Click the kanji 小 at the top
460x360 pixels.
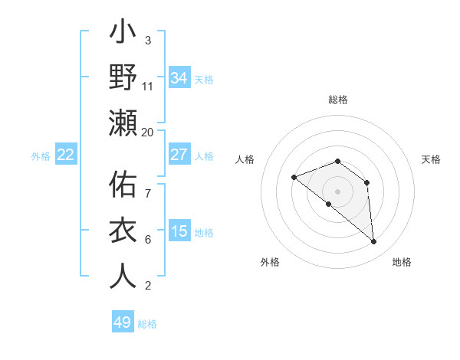[123, 35]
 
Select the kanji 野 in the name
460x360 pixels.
[123, 77]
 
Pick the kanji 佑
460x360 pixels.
[123, 187]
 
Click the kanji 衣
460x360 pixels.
[123, 231]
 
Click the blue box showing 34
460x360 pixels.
[179, 78]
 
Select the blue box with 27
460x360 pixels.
[179, 155]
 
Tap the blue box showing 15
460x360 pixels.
[179, 231]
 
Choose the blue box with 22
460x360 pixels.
[66, 155]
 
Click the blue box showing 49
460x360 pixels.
[123, 322]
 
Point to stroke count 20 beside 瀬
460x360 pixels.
[148, 132]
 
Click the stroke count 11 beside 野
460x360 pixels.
[148, 87]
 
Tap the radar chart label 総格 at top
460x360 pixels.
[337, 100]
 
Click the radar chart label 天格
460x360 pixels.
[431, 159]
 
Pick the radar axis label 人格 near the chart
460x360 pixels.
[245, 159]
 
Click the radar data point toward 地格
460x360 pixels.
[373, 242]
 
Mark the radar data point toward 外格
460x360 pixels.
[328, 204]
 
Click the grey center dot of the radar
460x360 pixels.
[337, 191]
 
